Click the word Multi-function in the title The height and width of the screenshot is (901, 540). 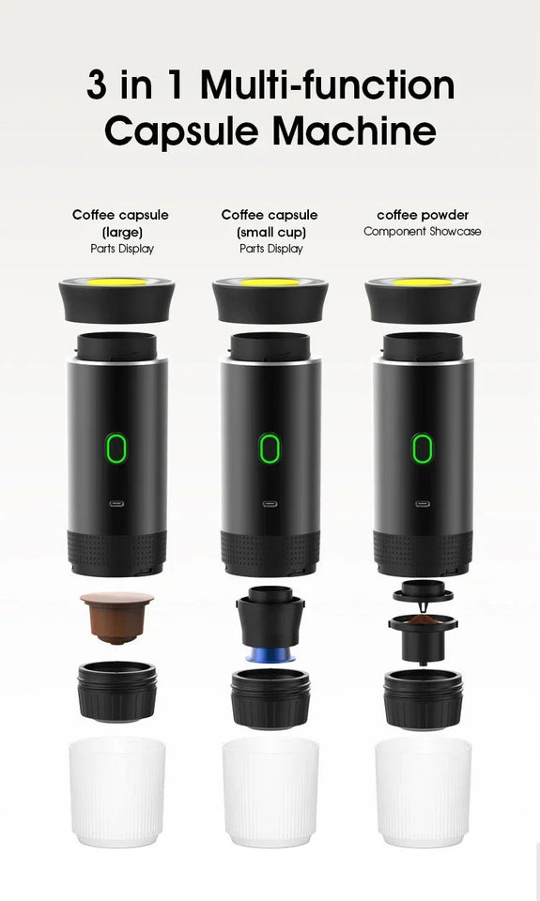coord(328,85)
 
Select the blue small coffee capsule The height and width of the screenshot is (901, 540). coord(270,653)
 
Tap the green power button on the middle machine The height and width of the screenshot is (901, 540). coord(270,448)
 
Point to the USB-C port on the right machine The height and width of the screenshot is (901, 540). coord(423,502)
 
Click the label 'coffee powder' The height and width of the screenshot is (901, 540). coord(423,215)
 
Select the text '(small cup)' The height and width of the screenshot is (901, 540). coord(270,232)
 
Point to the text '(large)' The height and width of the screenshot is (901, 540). coord(120,232)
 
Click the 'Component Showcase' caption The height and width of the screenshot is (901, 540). coord(423,231)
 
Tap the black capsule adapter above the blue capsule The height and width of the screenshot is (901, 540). coord(270,616)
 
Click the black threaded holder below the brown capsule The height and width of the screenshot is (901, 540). coord(116,695)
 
